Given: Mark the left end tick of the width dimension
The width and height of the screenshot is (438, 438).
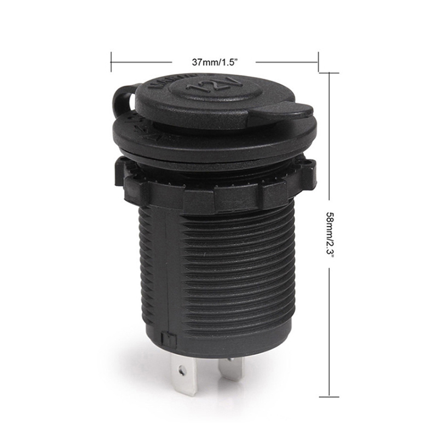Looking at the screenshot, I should (111, 62).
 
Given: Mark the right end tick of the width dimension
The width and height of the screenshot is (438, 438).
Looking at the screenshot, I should (318, 62).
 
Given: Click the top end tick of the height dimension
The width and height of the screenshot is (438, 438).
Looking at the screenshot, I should (328, 73).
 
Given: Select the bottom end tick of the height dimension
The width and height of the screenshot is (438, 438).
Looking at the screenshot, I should (328, 396).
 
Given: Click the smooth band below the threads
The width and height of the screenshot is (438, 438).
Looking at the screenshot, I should (219, 339).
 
